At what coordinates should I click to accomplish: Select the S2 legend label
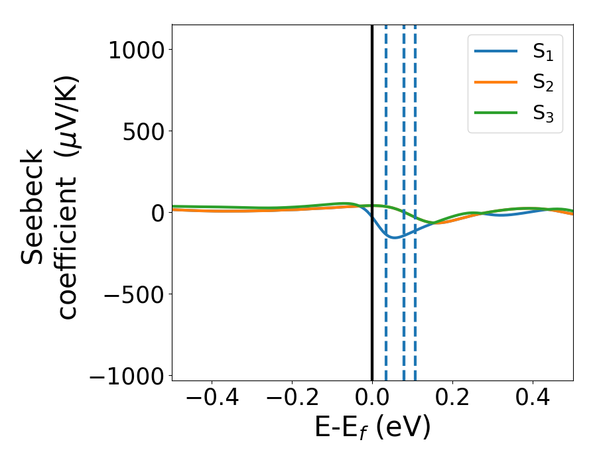tap(543, 84)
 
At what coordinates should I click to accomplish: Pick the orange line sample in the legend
tap(496, 83)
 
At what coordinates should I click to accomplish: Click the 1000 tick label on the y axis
tap(136, 50)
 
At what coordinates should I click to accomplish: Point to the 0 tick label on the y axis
tap(157, 213)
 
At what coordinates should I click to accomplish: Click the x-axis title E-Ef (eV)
tap(372, 428)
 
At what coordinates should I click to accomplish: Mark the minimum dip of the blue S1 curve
tap(395, 237)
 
